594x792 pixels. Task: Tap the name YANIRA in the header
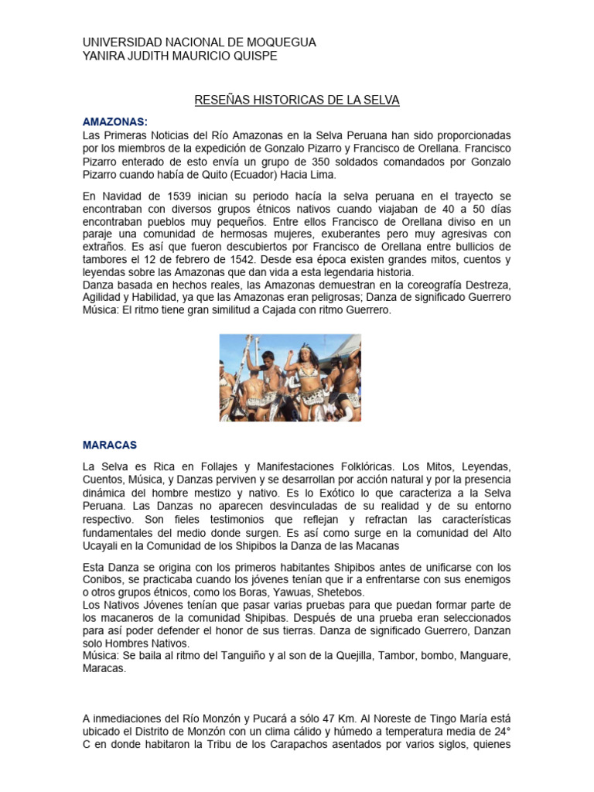(104, 56)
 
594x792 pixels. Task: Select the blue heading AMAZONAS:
(114, 122)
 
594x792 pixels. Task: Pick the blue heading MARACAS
(110, 445)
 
